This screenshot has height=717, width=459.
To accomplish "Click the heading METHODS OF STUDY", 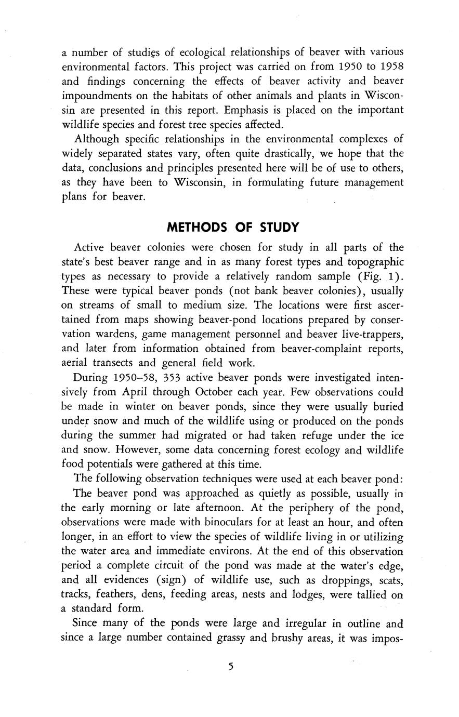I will pos(232,227).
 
